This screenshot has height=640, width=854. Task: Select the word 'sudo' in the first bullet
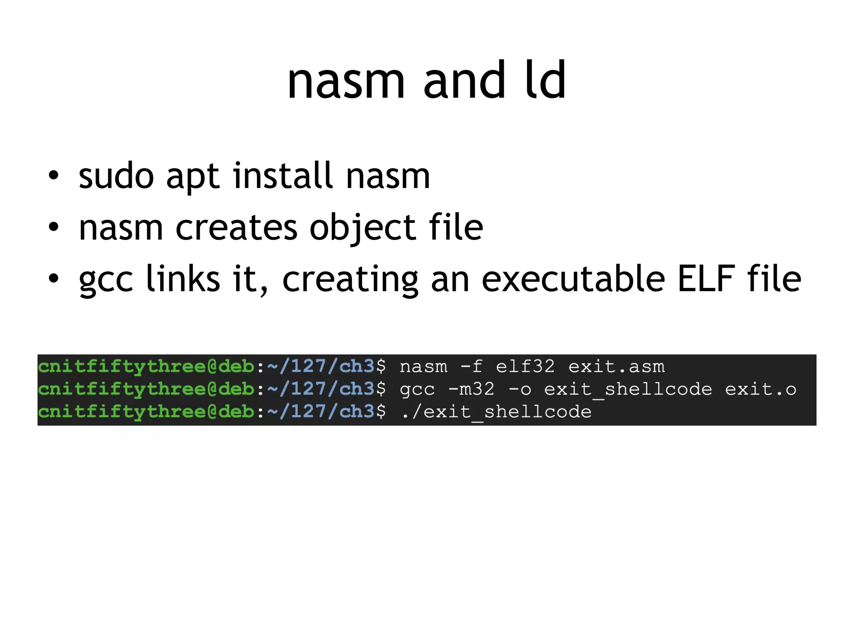116,176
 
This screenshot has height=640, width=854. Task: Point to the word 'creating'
350,280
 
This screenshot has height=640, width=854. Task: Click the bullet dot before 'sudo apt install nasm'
53,175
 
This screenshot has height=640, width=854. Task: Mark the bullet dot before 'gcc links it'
53,278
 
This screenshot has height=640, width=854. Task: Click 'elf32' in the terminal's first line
525,367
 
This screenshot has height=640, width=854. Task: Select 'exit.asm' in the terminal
616,367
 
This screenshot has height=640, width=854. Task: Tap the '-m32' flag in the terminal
471,389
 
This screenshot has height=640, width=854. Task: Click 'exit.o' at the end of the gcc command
761,389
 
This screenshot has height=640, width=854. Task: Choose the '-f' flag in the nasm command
471,367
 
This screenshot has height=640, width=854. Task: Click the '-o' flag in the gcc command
520,389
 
